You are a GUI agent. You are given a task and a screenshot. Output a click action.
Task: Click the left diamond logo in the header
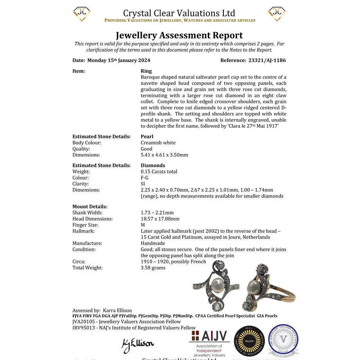click(x=82, y=14)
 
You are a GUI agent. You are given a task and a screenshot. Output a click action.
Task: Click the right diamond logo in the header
click(x=277, y=14)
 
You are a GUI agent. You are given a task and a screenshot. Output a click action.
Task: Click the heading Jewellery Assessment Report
click(x=179, y=35)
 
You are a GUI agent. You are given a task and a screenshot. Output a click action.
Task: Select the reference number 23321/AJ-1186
click(x=267, y=61)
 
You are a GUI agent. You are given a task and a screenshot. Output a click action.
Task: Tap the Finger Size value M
click(x=143, y=225)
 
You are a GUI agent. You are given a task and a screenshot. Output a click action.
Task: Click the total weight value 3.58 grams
click(x=153, y=268)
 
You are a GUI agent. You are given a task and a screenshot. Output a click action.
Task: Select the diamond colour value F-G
click(x=145, y=178)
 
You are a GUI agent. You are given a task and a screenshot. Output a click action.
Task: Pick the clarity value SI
click(x=143, y=184)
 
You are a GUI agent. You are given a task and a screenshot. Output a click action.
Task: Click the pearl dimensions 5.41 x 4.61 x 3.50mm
click(x=164, y=155)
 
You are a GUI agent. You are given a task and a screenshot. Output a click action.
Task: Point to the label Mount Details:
click(x=90, y=207)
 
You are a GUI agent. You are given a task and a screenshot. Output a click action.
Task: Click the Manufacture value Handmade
click(x=153, y=243)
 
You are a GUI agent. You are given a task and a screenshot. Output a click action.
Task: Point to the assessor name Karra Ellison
click(x=117, y=311)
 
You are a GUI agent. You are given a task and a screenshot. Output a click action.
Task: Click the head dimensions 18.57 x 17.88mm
click(x=160, y=219)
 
